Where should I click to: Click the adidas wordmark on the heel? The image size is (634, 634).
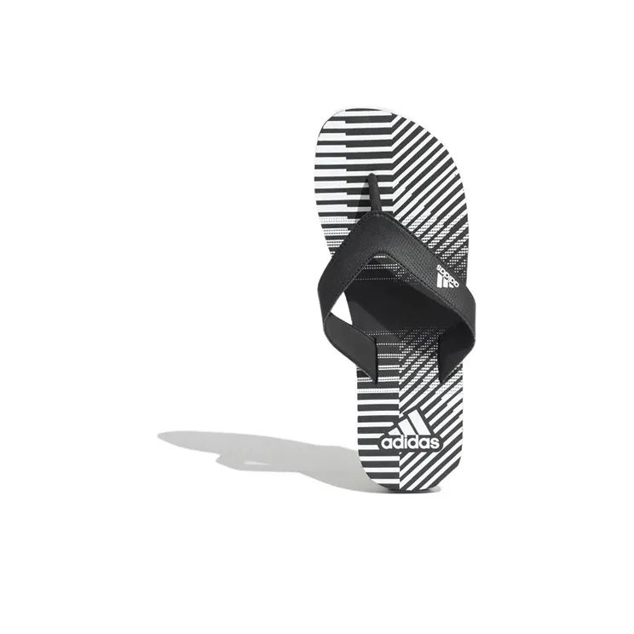point(410,443)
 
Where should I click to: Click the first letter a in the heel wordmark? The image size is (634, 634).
point(387,444)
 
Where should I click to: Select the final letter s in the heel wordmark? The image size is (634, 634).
point(435,444)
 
